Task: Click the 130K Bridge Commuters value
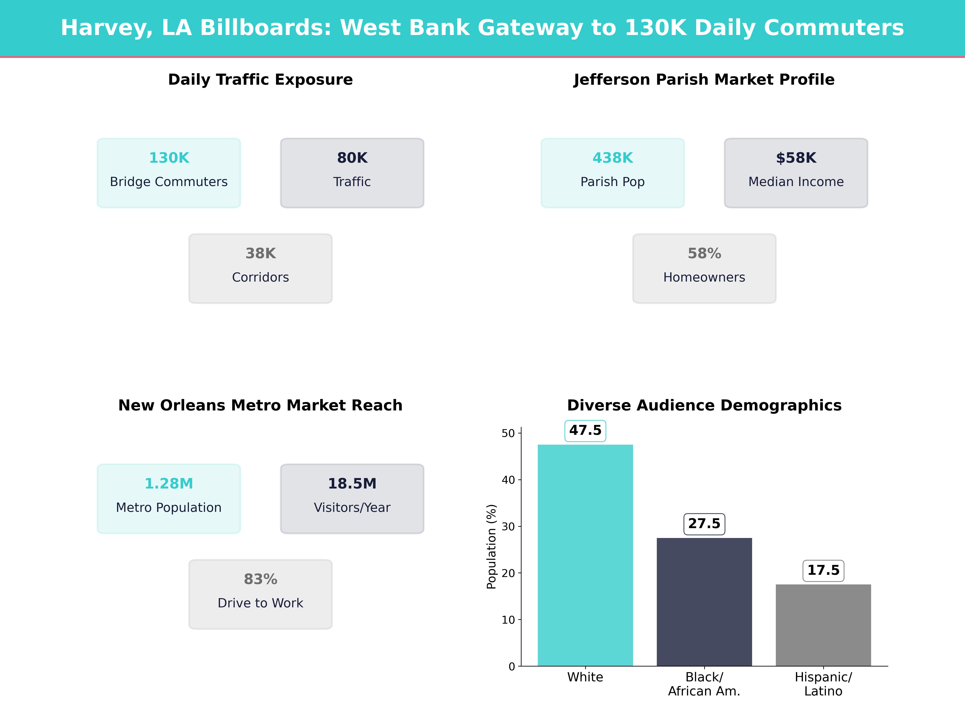coord(169,158)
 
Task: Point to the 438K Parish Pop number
coord(613,158)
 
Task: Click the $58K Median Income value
coord(796,158)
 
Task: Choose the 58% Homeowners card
coord(704,268)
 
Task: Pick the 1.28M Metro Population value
coord(169,483)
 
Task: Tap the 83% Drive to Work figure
coord(260,579)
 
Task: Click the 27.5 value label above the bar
coord(704,524)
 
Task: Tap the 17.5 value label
coord(823,570)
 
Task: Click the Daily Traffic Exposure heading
coord(260,80)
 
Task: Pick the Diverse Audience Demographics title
coord(704,405)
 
